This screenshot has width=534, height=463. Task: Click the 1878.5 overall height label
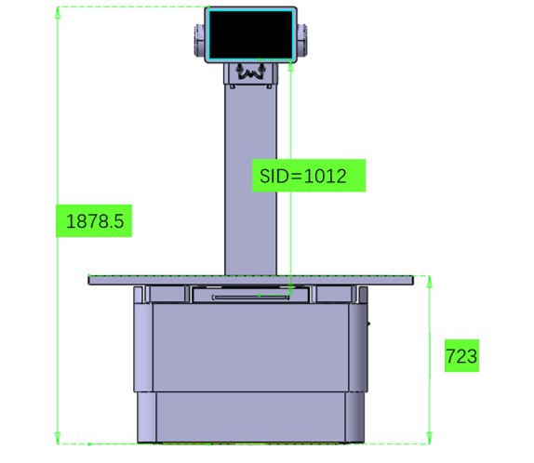click(95, 221)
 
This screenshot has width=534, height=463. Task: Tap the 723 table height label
click(461, 357)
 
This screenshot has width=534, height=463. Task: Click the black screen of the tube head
click(251, 34)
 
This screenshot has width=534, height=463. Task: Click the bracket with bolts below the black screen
click(251, 73)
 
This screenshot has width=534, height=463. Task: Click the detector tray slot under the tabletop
click(251, 296)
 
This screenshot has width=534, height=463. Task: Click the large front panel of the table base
click(251, 344)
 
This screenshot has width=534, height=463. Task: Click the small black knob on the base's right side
click(369, 324)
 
